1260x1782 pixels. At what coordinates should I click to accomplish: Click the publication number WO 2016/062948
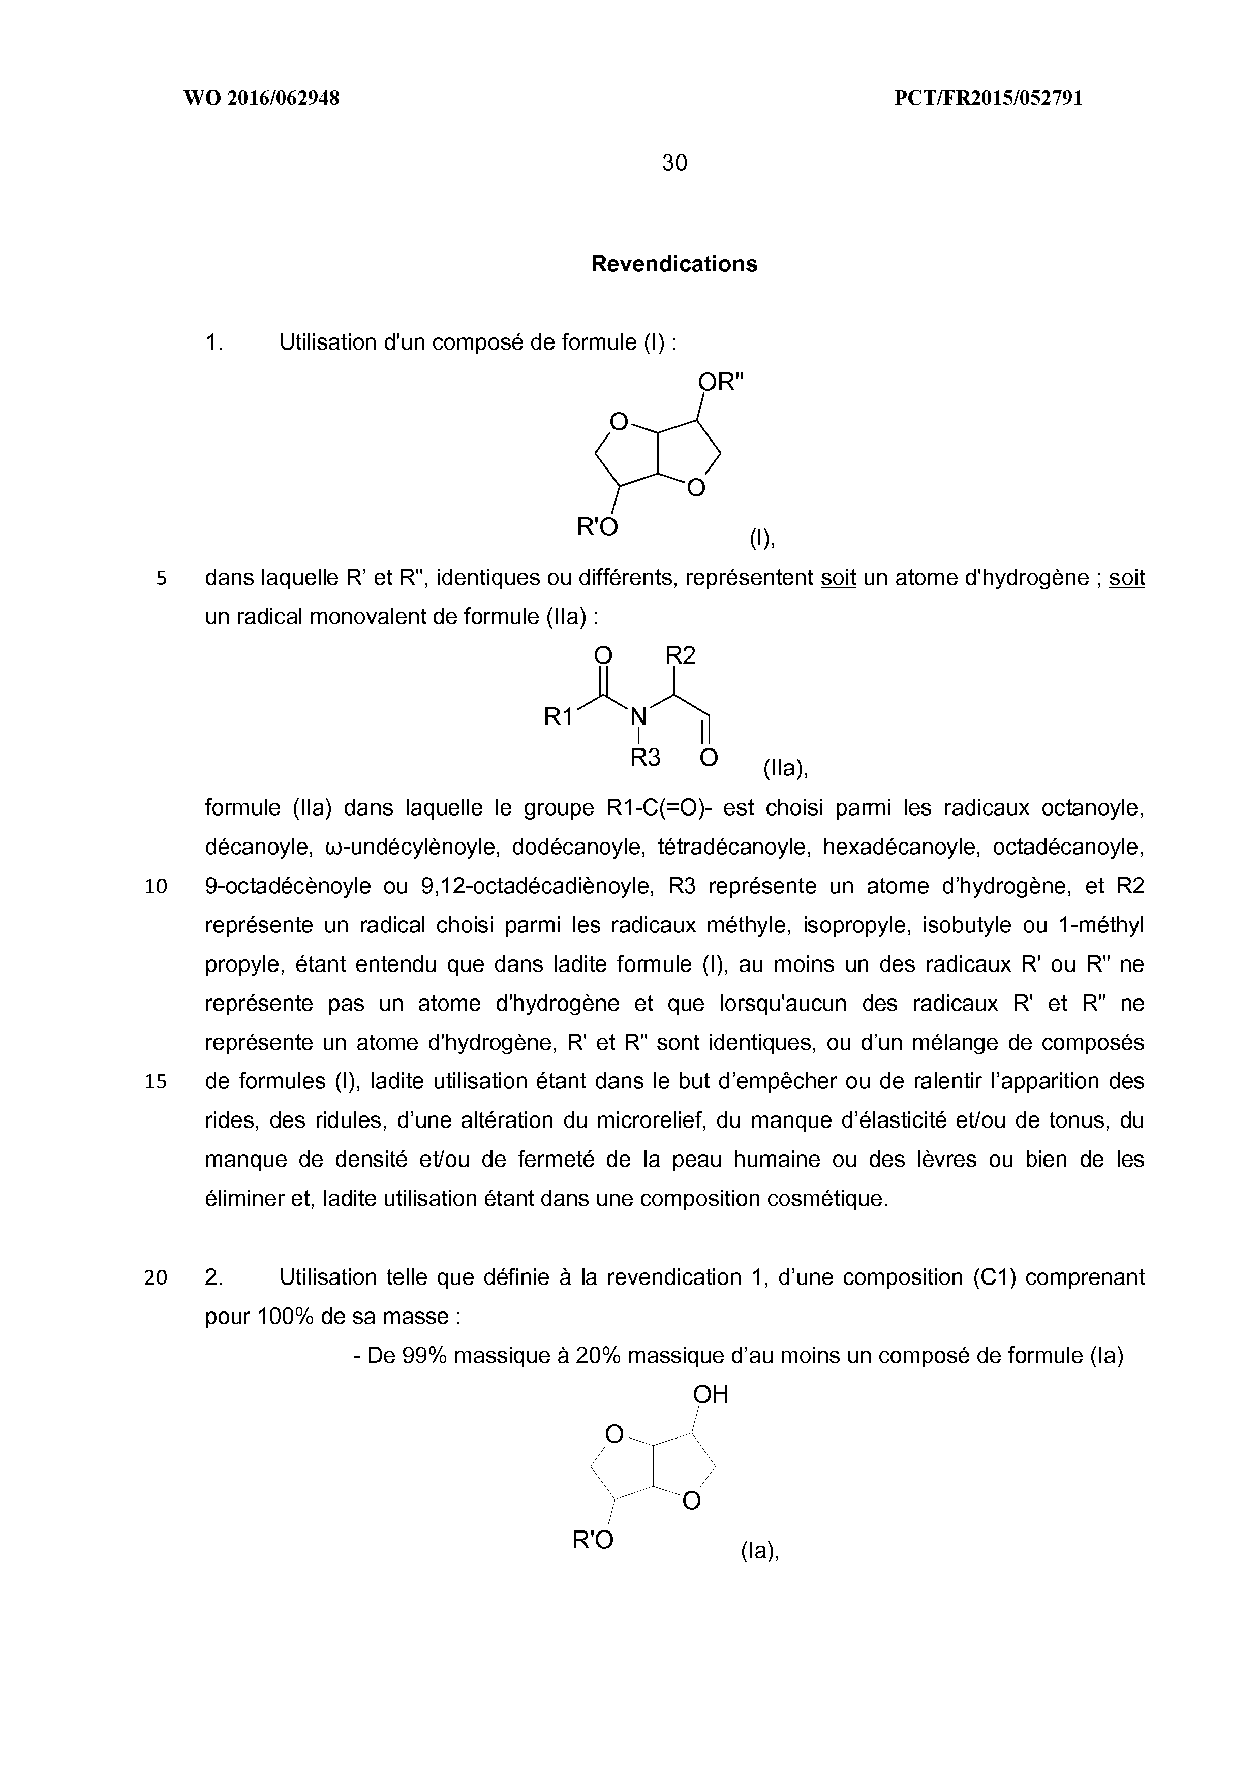pyautogui.click(x=262, y=99)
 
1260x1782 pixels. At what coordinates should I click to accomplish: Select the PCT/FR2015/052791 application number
pyautogui.click(x=988, y=99)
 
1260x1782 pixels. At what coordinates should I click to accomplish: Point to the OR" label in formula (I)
pyautogui.click(x=720, y=383)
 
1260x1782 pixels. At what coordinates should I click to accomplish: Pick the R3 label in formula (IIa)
pyautogui.click(x=644, y=758)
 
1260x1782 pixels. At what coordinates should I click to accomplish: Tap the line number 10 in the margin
pyautogui.click(x=156, y=886)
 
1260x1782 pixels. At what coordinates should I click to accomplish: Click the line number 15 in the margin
pyautogui.click(x=156, y=1081)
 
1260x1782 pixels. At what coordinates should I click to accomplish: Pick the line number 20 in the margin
pyautogui.click(x=156, y=1277)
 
